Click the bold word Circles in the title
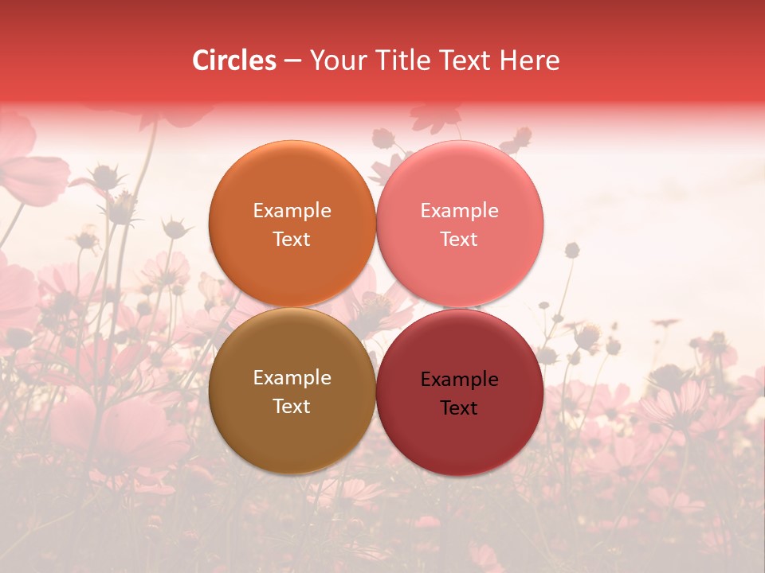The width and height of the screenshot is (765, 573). coord(234,60)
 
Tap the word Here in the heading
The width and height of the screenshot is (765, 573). coord(530,60)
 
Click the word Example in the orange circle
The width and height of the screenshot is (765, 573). coord(292,211)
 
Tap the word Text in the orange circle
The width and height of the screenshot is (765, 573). coord(292,239)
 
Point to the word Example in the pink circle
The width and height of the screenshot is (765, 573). coord(459,211)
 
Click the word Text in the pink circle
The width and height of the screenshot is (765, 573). coord(459,239)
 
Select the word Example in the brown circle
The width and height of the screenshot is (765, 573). coord(292,378)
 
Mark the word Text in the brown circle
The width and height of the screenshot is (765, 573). coord(292,406)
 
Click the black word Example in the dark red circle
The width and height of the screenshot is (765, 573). coord(459,380)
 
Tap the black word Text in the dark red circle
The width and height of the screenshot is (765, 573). coord(459,407)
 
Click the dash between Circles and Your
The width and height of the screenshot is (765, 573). coord(292,61)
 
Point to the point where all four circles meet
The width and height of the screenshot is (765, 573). coord(376,308)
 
